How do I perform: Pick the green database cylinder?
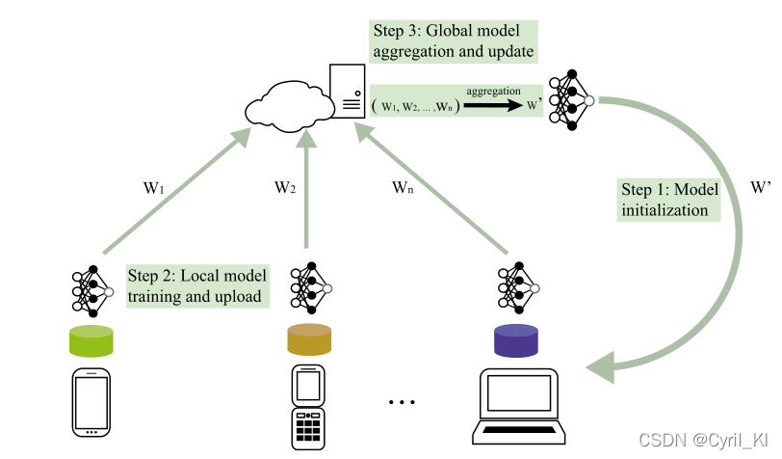click(91, 339)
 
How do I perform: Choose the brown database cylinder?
click(308, 339)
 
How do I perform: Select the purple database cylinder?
click(515, 339)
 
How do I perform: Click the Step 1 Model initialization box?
click(670, 200)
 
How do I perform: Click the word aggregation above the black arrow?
click(494, 90)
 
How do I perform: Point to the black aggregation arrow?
click(494, 105)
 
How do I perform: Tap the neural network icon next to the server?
click(569, 99)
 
